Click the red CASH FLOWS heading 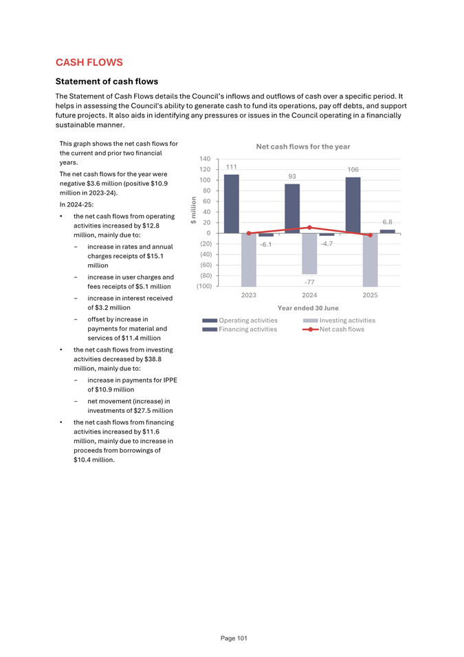[x=89, y=63]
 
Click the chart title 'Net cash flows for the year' [x=302, y=147]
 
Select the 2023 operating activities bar [x=232, y=204]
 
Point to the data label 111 [x=232, y=167]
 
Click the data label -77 [x=309, y=281]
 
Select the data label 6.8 [x=387, y=222]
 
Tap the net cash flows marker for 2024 [x=309, y=227]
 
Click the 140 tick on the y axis [x=205, y=159]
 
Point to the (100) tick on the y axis [x=203, y=286]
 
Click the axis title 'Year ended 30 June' [x=307, y=308]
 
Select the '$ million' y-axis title [x=194, y=211]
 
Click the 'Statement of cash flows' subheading [x=107, y=81]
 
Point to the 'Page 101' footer [x=234, y=638]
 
